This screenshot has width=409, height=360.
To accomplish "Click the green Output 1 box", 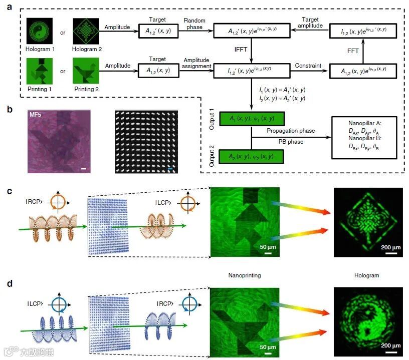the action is click(x=252, y=119).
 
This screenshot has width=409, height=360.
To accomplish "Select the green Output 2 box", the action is click(x=252, y=156).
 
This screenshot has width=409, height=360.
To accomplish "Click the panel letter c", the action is click(x=10, y=191).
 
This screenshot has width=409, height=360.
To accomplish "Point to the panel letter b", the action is click(x=10, y=108).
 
